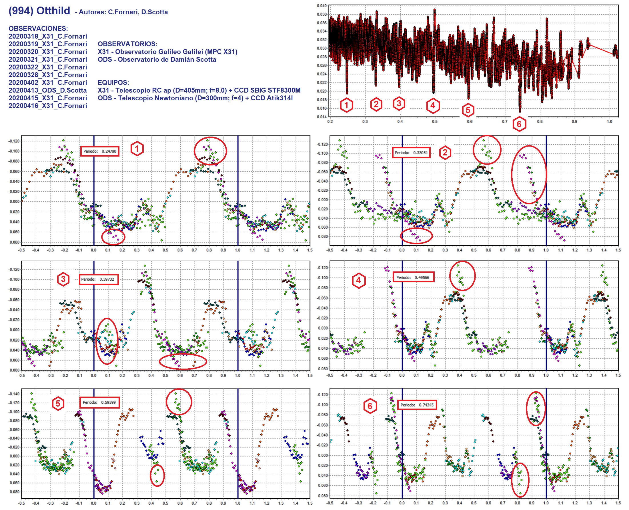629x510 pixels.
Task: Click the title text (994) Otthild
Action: point(39,11)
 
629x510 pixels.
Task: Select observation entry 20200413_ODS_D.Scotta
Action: point(48,90)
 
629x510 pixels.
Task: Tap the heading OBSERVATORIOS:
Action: point(127,44)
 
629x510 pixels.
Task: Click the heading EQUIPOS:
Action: point(113,83)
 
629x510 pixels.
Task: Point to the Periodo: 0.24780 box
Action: point(100,151)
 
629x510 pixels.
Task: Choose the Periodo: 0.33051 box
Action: point(411,153)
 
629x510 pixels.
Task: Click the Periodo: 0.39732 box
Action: point(98,279)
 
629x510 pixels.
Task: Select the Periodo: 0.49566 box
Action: point(413,277)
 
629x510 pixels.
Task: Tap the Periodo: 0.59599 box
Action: point(99,402)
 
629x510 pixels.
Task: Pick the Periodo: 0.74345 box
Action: point(417,405)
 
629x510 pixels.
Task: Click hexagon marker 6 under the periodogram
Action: point(519,124)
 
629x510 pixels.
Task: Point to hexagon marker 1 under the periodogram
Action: point(346,105)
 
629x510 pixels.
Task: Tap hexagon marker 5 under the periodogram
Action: point(468,110)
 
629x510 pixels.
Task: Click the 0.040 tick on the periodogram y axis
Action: point(322,6)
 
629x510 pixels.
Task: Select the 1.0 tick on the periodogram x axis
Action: point(610,121)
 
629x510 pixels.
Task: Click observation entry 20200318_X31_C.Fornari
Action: point(48,36)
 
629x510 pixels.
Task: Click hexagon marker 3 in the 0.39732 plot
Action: point(63,279)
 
